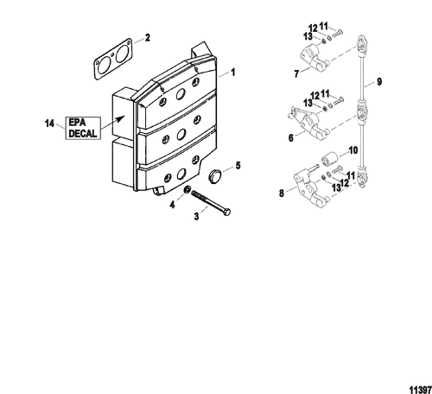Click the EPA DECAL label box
tap(83, 128)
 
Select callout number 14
tap(49, 124)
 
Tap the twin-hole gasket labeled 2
tap(113, 59)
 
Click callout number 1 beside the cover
tap(233, 72)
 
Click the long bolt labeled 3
tap(210, 203)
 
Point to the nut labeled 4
tap(187, 190)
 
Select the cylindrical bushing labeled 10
tap(329, 159)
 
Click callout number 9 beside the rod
tap(379, 82)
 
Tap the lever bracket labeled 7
tap(314, 57)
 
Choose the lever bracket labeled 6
tap(308, 123)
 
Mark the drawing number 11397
tap(420, 390)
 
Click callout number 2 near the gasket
tap(148, 38)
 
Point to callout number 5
tap(238, 166)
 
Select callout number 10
tap(353, 150)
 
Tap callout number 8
tap(282, 193)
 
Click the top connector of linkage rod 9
tap(361, 45)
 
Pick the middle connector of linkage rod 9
tap(361, 111)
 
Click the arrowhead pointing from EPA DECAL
tap(121, 118)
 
